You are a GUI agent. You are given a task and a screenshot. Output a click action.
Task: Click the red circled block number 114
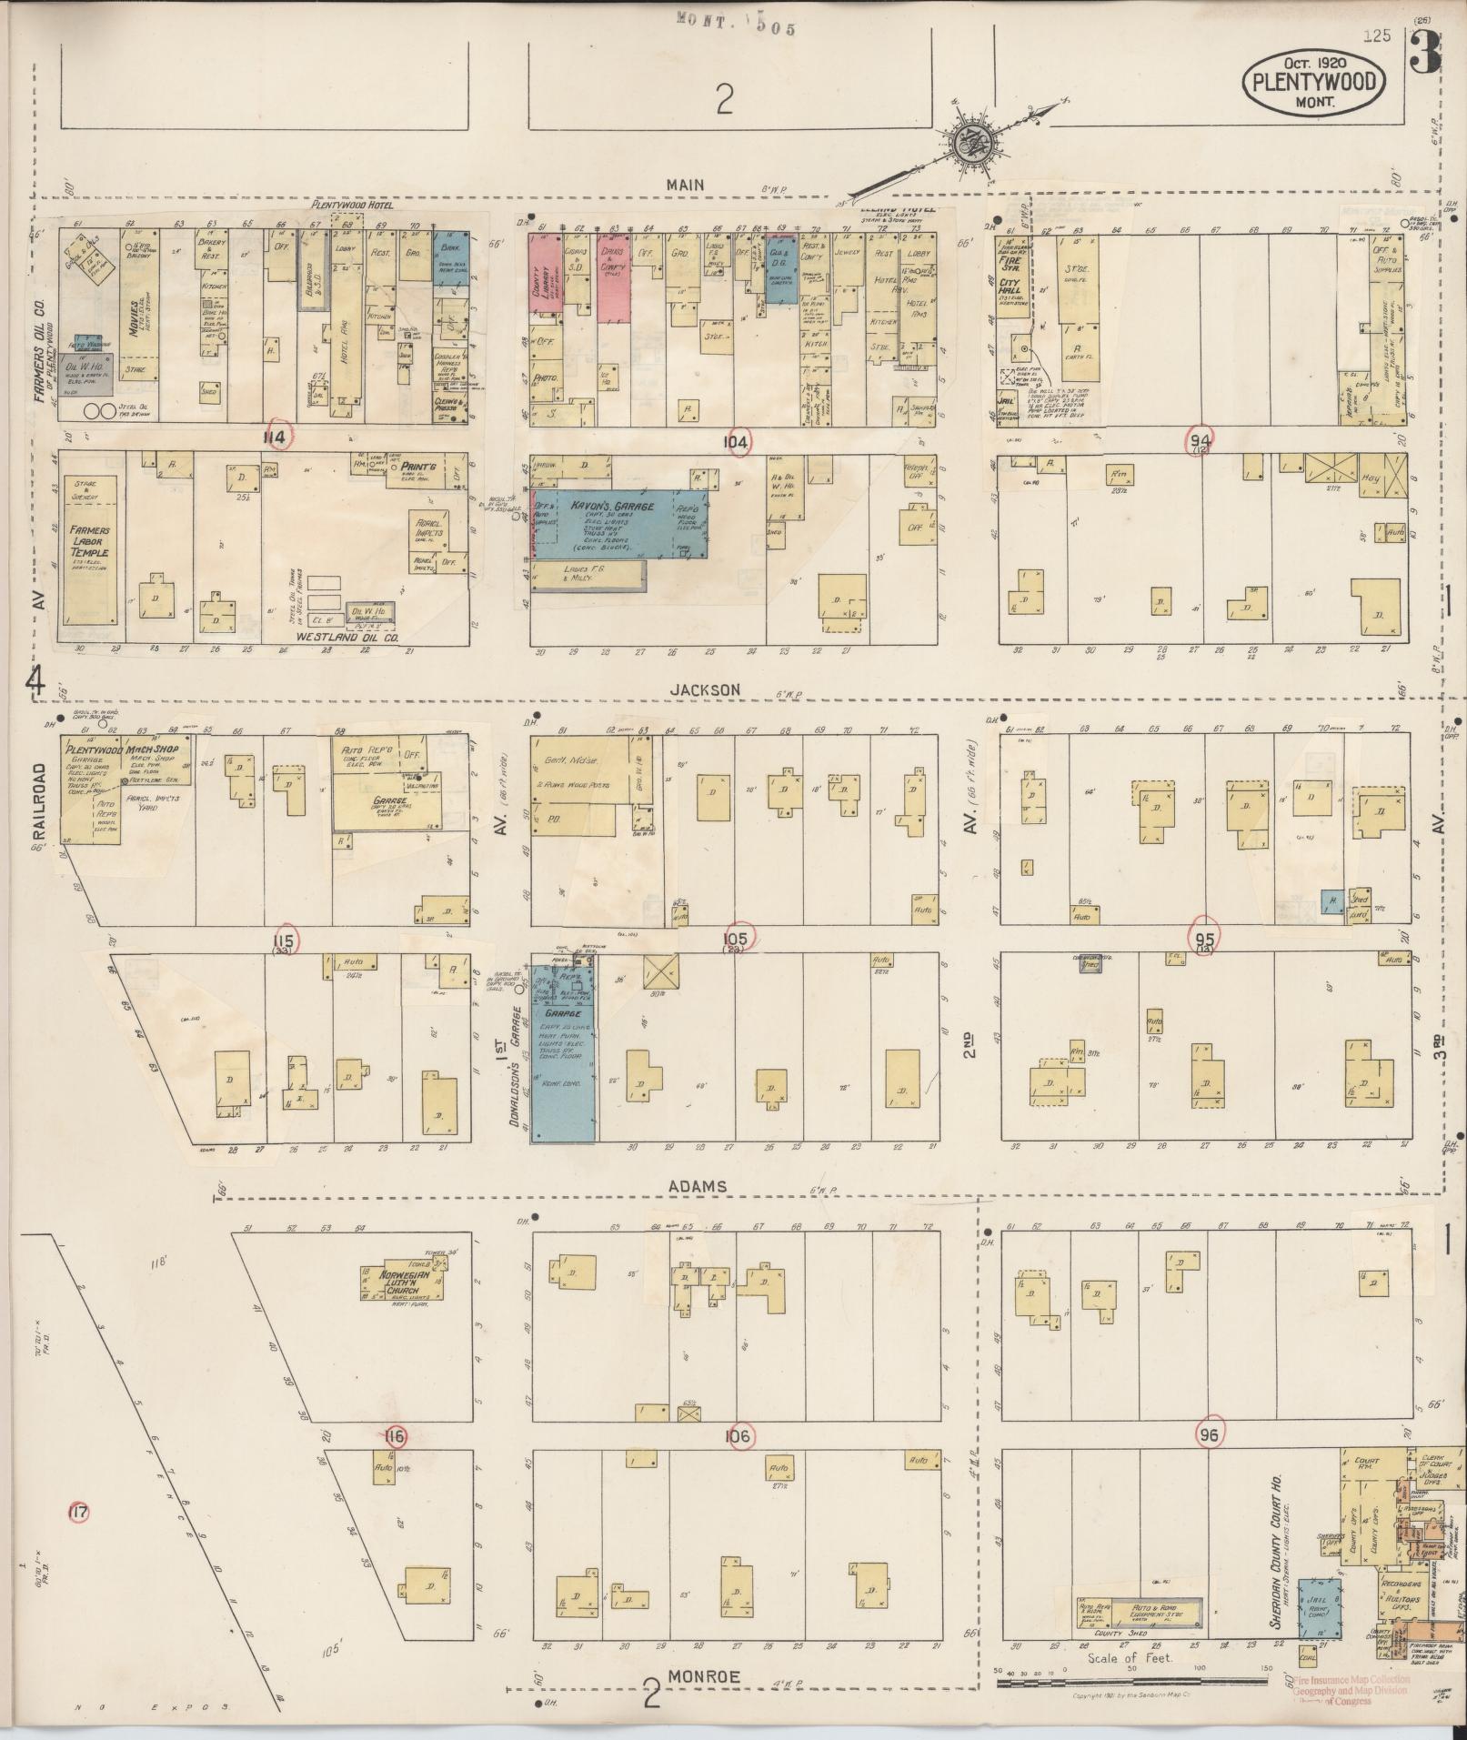point(276,438)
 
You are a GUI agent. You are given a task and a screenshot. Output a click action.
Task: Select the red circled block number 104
point(736,442)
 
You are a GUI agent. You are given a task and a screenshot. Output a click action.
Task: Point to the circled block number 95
point(1206,937)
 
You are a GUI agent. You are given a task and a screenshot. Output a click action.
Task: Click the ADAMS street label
point(698,1186)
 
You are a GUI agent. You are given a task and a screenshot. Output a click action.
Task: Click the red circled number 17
point(79,1513)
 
